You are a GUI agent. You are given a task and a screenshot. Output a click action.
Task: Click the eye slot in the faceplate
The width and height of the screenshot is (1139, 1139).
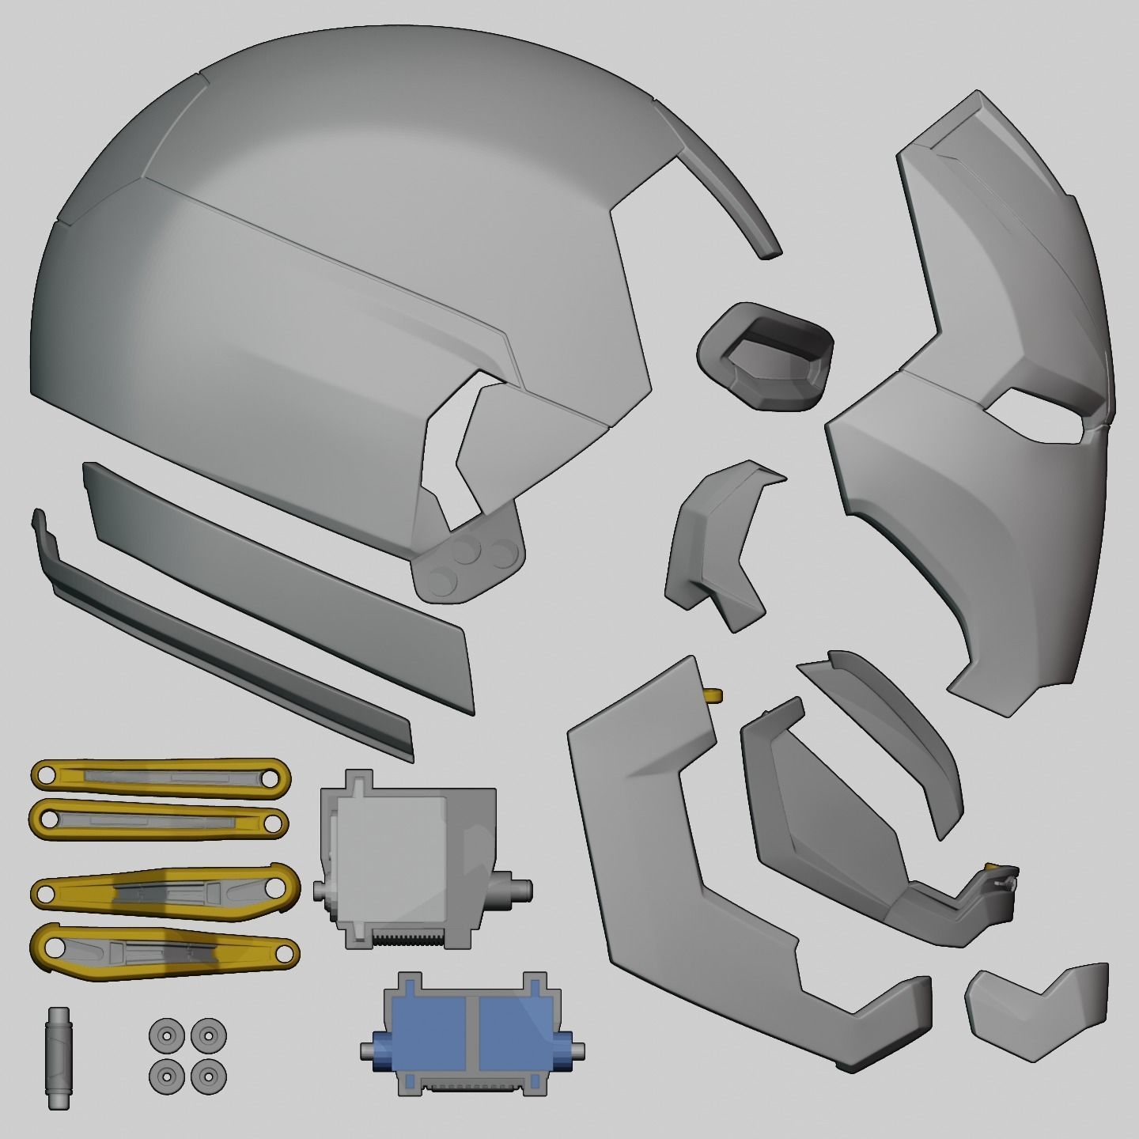coord(1036,415)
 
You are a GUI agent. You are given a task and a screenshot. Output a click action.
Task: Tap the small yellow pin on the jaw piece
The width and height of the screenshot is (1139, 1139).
coord(713,695)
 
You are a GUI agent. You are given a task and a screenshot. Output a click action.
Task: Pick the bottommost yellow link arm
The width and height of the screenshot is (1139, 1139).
coord(165,950)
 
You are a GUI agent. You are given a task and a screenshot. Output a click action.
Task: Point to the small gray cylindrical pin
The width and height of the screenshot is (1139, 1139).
coord(59,1058)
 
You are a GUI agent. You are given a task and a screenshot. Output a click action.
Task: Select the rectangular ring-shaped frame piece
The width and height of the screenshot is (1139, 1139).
coord(765,356)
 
